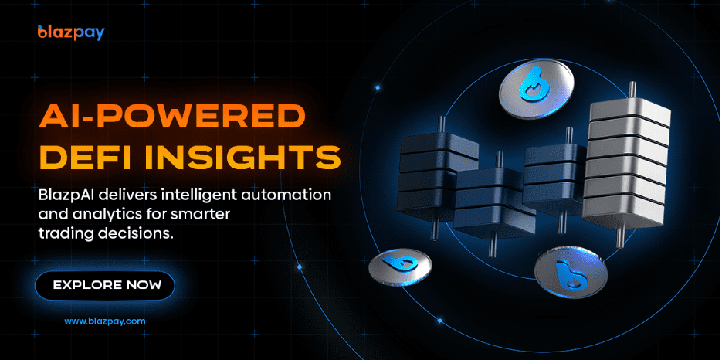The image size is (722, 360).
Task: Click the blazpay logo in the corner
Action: [71, 32]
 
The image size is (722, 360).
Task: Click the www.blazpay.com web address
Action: [104, 321]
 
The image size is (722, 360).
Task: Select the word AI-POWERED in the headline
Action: [172, 117]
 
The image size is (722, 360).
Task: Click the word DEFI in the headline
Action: [86, 156]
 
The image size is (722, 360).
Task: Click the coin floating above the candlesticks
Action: [537, 87]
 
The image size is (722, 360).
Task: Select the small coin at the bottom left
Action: [400, 266]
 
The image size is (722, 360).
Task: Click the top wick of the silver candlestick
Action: [633, 92]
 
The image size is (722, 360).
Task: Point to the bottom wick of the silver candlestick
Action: [620, 236]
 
